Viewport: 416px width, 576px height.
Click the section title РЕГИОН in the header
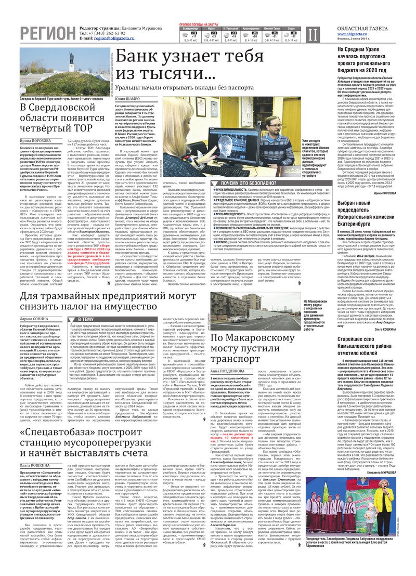click(47, 33)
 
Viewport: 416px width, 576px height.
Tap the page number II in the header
click(310, 34)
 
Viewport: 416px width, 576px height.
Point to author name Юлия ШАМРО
click(127, 98)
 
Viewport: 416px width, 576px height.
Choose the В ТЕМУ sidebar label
click(85, 319)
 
